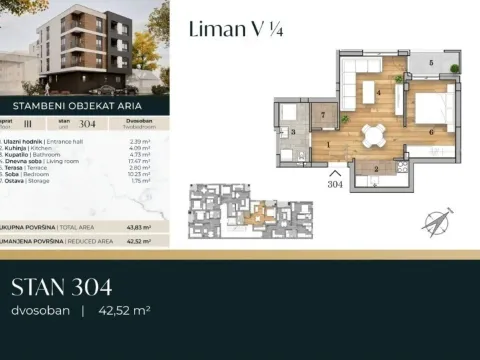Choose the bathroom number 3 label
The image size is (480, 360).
pos(293,132)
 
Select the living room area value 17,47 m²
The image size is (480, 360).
pos(140,162)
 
